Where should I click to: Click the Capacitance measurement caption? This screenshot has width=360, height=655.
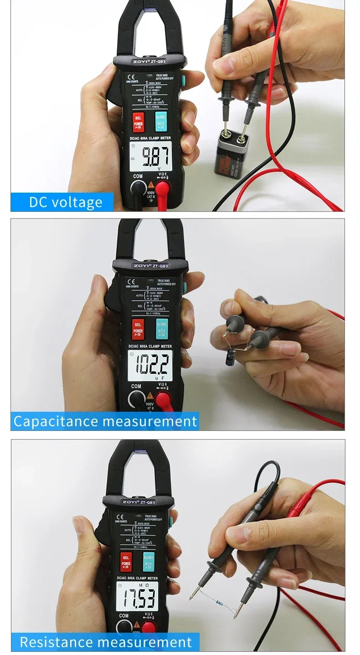(x=105, y=421)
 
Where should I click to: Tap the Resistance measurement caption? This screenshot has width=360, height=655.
(x=105, y=642)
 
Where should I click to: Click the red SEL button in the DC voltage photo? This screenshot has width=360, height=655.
(x=138, y=122)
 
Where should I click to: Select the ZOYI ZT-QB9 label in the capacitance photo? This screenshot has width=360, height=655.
(x=150, y=266)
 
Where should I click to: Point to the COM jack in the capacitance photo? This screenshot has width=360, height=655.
(x=136, y=398)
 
